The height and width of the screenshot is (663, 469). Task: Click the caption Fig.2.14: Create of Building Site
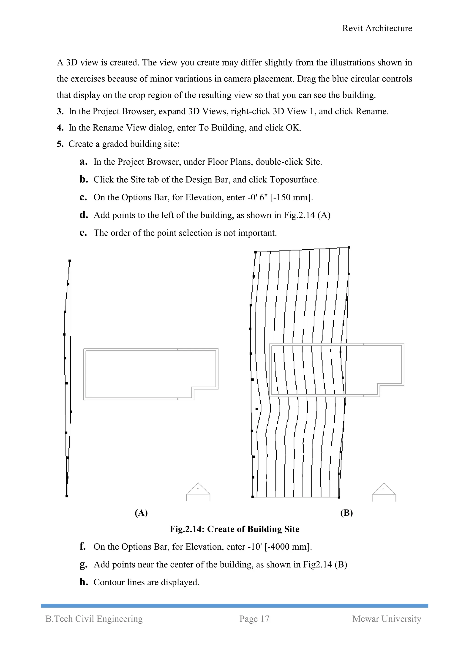coord(234,529)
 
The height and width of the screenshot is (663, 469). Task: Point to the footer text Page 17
coord(254,619)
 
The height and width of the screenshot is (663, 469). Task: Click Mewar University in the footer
coord(387,619)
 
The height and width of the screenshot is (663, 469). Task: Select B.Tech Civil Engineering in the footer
coord(94,619)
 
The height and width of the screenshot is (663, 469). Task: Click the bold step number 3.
coord(60,112)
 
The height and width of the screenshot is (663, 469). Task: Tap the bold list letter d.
coord(83,215)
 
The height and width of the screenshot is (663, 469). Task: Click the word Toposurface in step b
coord(294,180)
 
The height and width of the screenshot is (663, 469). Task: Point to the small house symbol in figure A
coord(198,492)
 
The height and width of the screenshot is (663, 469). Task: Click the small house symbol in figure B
coord(384,492)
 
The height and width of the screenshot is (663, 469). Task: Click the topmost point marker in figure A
coord(70,261)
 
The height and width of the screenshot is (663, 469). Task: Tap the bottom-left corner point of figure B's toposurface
coord(253,497)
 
